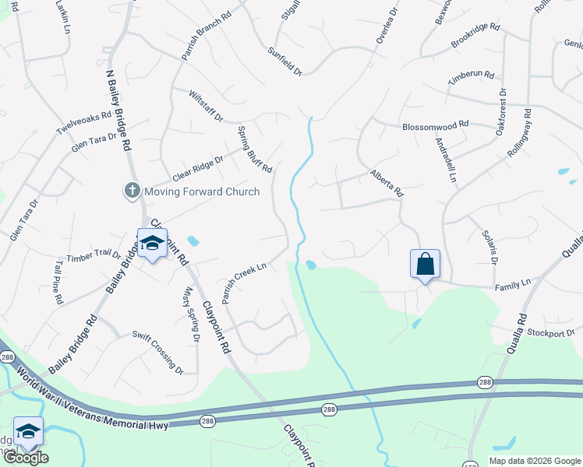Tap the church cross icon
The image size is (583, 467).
(x=132, y=191)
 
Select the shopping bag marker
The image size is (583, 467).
(x=425, y=264)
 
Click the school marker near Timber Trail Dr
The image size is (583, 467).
(x=152, y=243)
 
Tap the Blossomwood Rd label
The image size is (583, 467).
(x=435, y=125)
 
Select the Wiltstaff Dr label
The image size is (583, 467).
(x=206, y=105)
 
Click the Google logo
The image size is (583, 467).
(x=25, y=458)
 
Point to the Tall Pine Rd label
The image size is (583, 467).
(x=59, y=281)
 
